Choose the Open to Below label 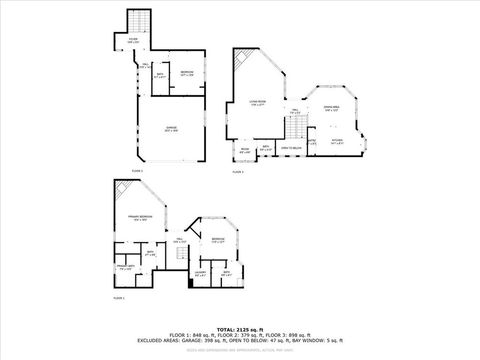(x=293, y=148)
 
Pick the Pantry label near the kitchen (x=312, y=142)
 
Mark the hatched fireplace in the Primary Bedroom (x=120, y=190)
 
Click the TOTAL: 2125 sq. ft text (x=240, y=328)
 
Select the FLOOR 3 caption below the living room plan (x=238, y=172)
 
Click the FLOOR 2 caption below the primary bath (x=118, y=298)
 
